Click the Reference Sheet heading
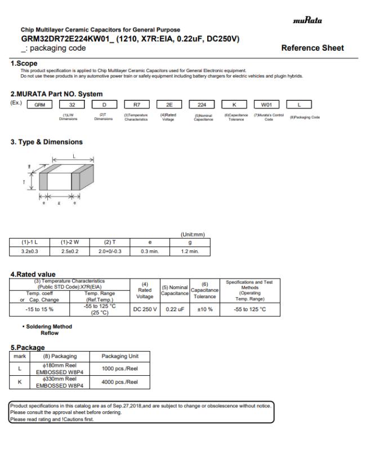[312, 48]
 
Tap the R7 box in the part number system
[137, 105]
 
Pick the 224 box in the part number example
[201, 105]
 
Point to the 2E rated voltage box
[169, 105]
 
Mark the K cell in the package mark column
[20, 383]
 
